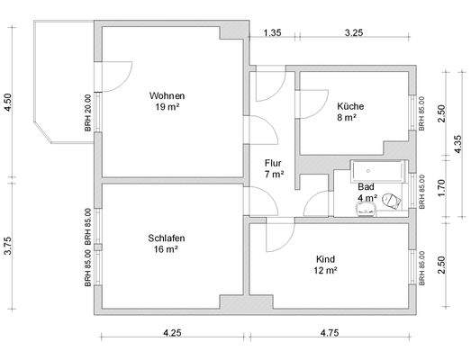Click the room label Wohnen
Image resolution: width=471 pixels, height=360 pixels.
click(167, 95)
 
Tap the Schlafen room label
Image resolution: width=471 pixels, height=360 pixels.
click(167, 238)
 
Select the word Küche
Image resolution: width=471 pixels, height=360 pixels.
click(350, 106)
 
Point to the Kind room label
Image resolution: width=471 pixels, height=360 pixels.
click(325, 259)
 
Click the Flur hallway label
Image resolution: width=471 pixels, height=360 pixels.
click(273, 163)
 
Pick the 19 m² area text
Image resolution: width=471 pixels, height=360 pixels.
click(168, 107)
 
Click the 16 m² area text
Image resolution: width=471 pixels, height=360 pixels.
click(166, 249)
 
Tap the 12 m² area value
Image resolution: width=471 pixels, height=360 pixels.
click(325, 271)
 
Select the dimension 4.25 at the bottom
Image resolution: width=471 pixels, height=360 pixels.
click(172, 333)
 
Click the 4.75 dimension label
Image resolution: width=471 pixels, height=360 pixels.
click(330, 333)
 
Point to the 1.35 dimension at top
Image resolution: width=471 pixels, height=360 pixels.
click(273, 32)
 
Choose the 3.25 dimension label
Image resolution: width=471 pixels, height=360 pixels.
click(354, 32)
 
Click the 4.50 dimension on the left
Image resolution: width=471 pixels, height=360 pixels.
click(8, 102)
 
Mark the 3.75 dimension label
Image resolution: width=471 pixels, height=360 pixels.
click(8, 246)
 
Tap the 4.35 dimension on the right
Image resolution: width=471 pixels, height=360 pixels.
click(457, 144)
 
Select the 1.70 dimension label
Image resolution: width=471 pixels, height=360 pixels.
click(441, 188)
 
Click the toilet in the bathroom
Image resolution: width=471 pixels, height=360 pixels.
click(392, 201)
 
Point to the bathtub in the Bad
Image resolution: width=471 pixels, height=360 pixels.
click(378, 171)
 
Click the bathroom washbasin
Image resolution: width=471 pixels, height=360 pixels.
click(366, 210)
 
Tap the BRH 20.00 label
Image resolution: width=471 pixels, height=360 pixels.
click(87, 113)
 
